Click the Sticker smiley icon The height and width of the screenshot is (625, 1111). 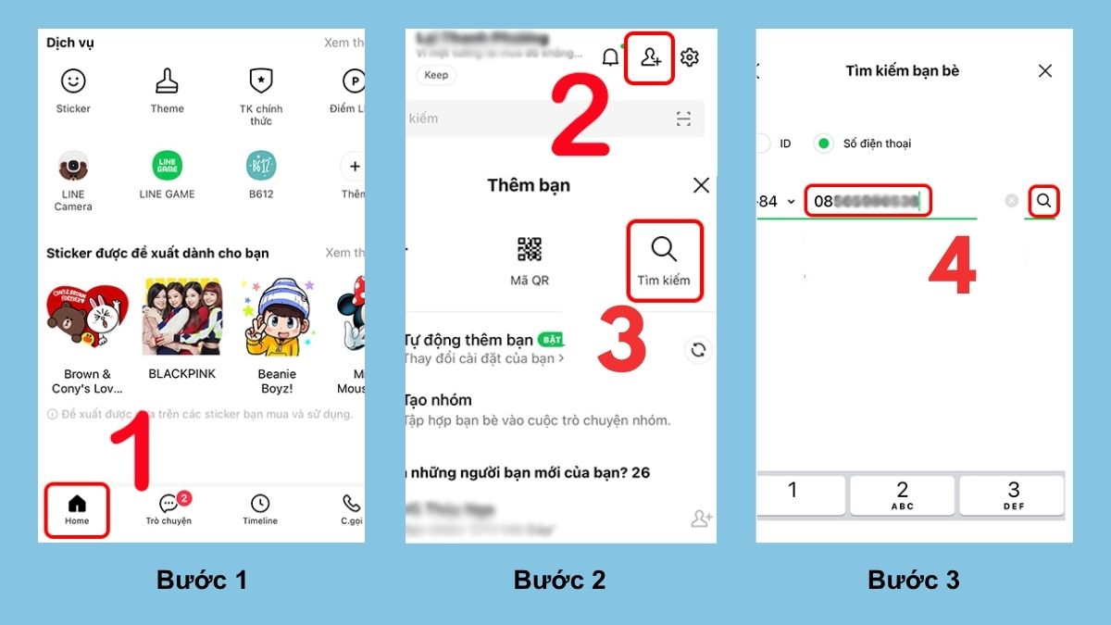coord(73,81)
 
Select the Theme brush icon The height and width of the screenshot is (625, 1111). coord(167,81)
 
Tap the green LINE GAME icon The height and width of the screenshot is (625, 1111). coord(167,167)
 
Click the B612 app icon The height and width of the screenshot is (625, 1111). coord(261,167)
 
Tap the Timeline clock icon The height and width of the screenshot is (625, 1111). coord(260,503)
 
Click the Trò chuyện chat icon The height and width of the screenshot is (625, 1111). coord(169,504)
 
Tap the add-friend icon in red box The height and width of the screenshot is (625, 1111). coord(650,58)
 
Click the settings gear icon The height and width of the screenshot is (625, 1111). coord(690,57)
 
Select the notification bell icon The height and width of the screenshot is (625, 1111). coord(610,57)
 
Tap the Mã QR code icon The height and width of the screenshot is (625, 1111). coord(530,249)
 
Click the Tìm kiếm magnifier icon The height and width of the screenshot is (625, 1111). coord(664,249)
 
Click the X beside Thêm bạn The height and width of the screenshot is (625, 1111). coord(701,185)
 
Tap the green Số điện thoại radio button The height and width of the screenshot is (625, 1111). coord(823,144)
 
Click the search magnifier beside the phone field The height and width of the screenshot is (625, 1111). coord(1043,200)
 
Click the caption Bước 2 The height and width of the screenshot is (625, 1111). coord(559,581)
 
